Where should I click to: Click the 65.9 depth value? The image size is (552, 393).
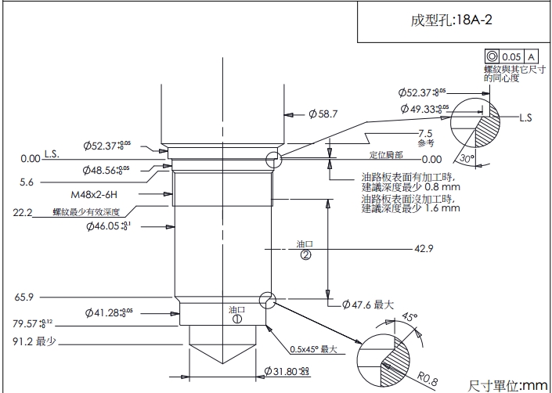tap(23, 297)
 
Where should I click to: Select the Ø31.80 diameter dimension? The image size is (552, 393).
tap(291, 370)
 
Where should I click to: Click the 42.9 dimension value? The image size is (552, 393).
tap(424, 249)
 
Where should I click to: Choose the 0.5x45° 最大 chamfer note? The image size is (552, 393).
tap(313, 349)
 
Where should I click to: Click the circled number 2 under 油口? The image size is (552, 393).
tap(305, 254)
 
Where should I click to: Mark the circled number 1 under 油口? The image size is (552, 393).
tap(236, 319)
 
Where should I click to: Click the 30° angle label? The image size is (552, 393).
tap(467, 159)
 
